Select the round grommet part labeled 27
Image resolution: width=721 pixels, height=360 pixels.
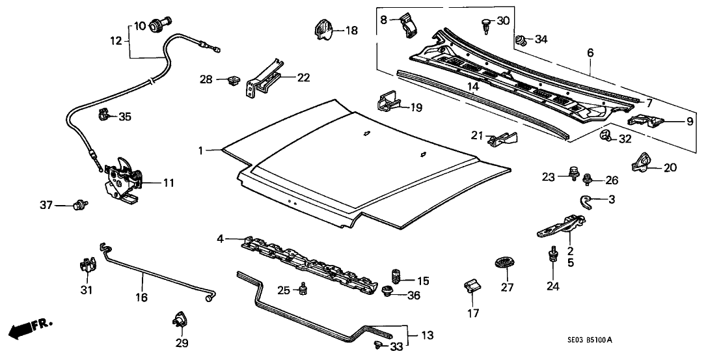tap(504, 262)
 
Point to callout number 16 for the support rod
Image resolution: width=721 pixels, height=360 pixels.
tap(142, 298)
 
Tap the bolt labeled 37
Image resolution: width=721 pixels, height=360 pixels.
tap(81, 206)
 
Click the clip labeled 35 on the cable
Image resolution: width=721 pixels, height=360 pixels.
tap(103, 116)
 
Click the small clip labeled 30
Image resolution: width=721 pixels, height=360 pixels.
tap(485, 24)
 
